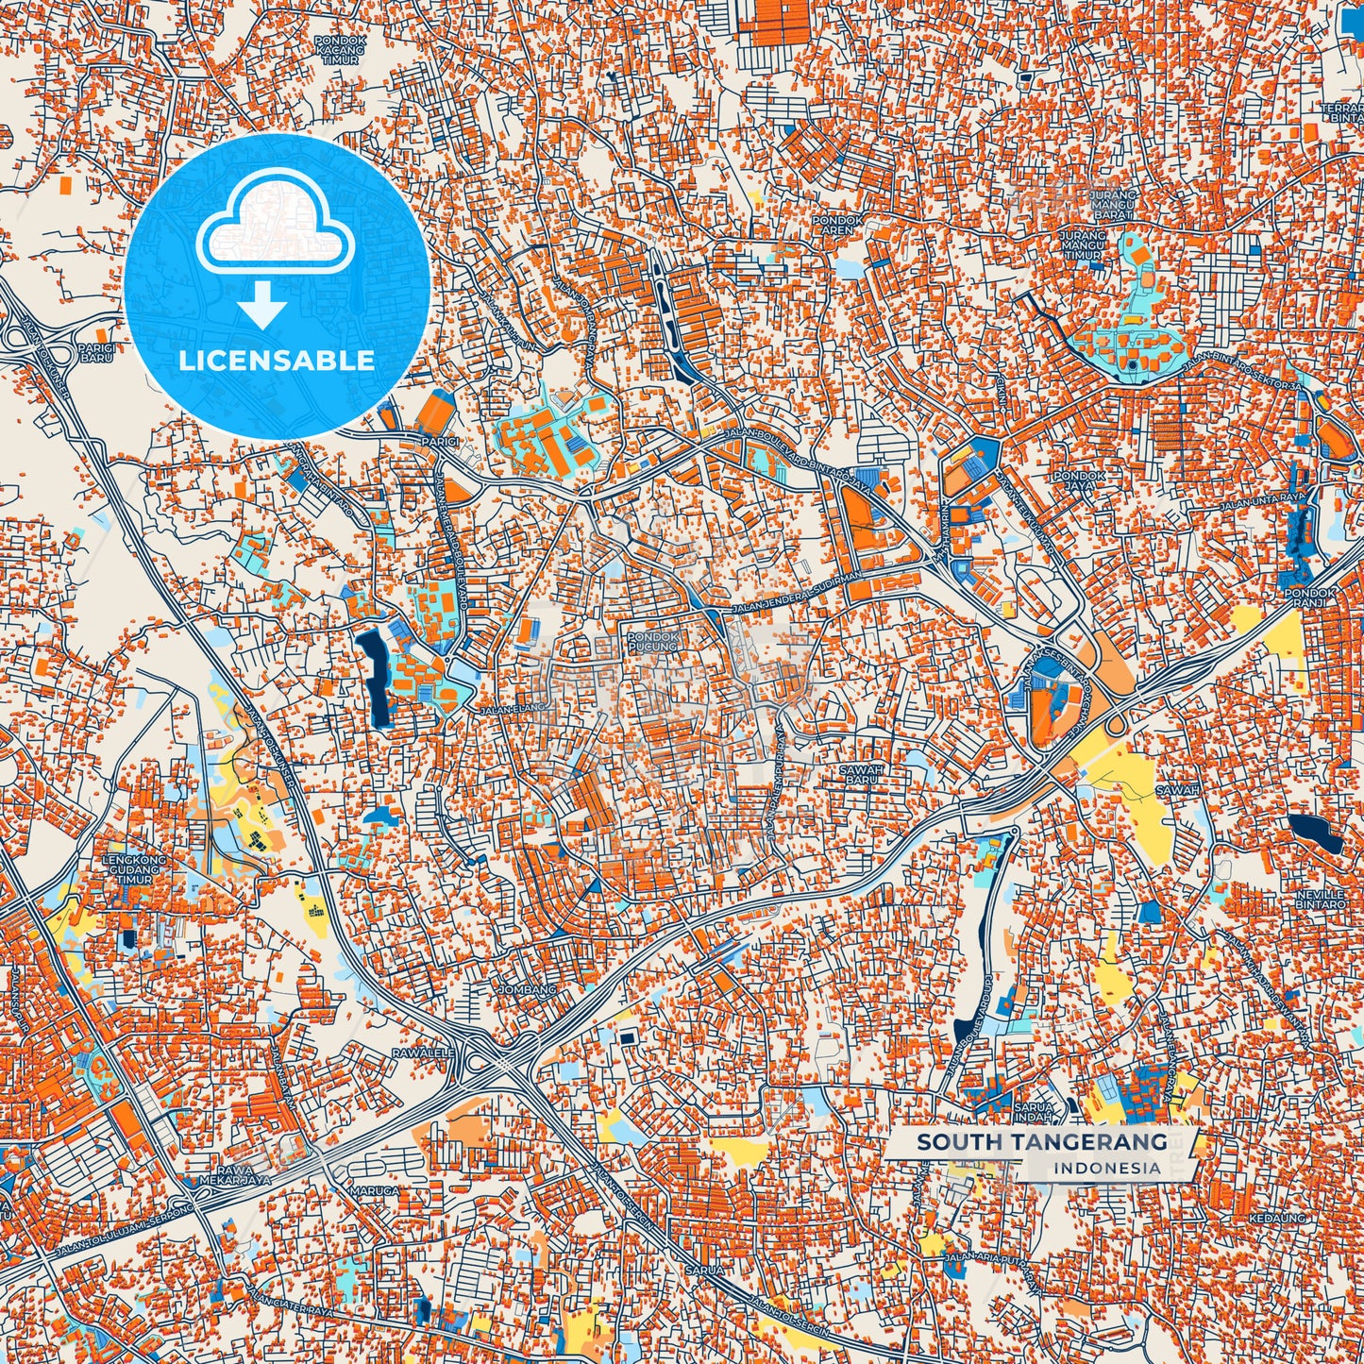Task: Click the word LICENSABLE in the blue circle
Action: (x=277, y=361)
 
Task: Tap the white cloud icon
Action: (x=275, y=229)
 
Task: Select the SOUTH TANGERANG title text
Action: (x=1042, y=1142)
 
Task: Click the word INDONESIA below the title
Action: (x=1107, y=1168)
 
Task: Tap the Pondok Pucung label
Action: (x=652, y=642)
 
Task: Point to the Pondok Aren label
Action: (x=838, y=225)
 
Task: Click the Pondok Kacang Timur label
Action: (x=339, y=50)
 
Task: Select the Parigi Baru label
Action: (x=96, y=352)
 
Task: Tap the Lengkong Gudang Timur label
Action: (x=135, y=869)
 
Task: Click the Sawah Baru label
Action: (x=861, y=774)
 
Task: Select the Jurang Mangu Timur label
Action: (x=1082, y=244)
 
